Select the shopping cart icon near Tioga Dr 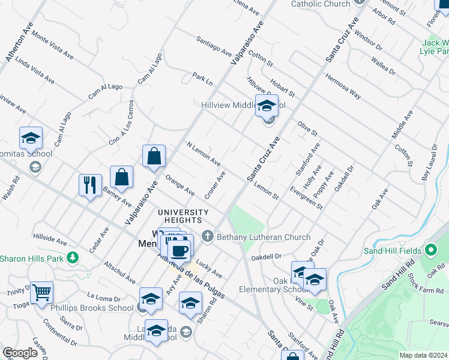click(42, 293)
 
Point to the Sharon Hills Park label click(31, 259)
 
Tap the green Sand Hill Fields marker click(430, 250)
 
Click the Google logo click(20, 353)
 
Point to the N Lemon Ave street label click(203, 154)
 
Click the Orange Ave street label click(180, 185)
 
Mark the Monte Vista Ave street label click(53, 45)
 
